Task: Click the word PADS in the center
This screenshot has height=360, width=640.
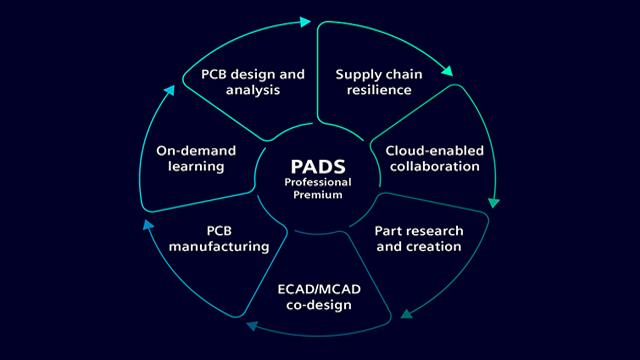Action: pyautogui.click(x=319, y=162)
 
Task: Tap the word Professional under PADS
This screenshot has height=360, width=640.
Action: pyautogui.click(x=319, y=181)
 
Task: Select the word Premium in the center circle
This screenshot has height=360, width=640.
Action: pyautogui.click(x=319, y=195)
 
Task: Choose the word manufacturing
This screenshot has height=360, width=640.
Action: pyautogui.click(x=218, y=245)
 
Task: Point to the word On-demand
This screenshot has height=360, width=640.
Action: pyautogui.click(x=196, y=150)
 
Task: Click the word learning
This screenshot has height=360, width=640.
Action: pyautogui.click(x=196, y=167)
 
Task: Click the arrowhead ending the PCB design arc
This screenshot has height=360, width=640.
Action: pyautogui.click(x=305, y=20)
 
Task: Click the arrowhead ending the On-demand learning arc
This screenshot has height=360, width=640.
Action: pyautogui.click(x=170, y=88)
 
